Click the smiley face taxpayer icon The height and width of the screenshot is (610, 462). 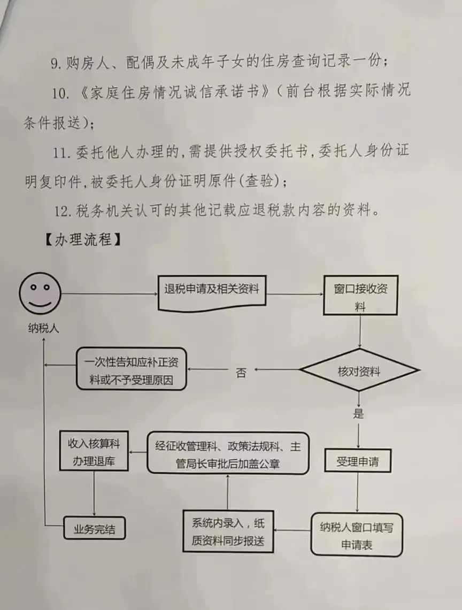coord(40,293)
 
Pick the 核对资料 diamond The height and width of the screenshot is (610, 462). coord(359,370)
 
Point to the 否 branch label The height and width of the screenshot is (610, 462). coord(241,373)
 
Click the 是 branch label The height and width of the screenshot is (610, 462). coord(358,413)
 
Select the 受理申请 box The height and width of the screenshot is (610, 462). coord(358,461)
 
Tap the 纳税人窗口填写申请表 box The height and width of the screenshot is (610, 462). coord(357,535)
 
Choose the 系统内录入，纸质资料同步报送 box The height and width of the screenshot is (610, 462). coord(228,531)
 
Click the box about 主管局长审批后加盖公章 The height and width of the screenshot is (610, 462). coord(228,453)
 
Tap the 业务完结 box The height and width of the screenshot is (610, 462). coord(94,528)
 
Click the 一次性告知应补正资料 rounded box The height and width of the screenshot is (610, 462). coord(131,369)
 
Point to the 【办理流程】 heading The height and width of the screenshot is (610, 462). coord(82,240)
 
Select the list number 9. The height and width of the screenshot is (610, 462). coord(56,64)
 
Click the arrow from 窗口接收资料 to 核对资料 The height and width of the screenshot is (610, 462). coord(360,331)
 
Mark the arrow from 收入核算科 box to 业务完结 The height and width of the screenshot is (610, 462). coord(94,493)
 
